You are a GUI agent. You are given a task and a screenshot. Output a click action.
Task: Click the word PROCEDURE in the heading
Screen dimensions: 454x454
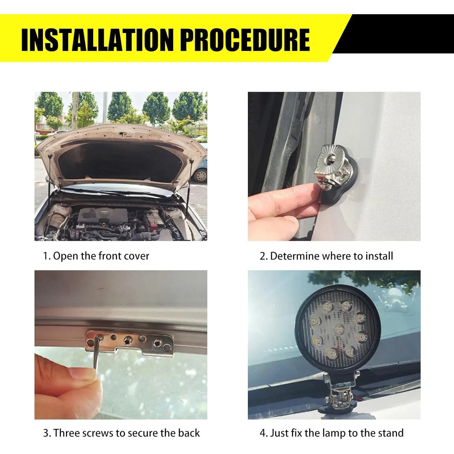(x=247, y=40)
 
